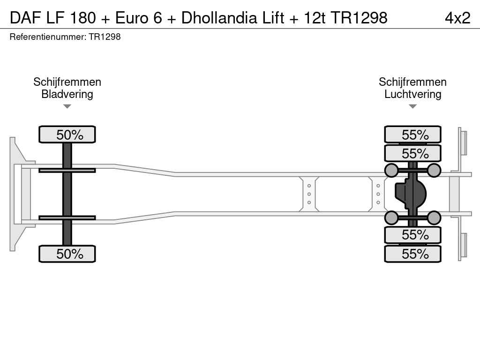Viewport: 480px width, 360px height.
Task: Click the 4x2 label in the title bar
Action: pos(457,18)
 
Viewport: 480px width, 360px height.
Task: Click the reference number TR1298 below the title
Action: pos(105,37)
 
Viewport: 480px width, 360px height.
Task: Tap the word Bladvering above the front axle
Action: pos(67,94)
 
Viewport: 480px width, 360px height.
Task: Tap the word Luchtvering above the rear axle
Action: pos(412,94)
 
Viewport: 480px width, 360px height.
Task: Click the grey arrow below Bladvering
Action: pos(67,106)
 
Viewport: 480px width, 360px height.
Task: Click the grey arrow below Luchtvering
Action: pos(412,106)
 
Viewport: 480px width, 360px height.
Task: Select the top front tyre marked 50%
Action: pos(67,135)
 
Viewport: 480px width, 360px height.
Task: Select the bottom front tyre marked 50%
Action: pos(67,254)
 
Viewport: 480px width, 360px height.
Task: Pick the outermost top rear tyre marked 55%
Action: pos(412,135)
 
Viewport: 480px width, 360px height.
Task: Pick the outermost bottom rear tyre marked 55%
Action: pos(412,254)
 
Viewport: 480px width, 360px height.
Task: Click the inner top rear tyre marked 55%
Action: pos(412,153)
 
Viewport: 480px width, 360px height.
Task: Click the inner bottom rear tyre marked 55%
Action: pos(412,235)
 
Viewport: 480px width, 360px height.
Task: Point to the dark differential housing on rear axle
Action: pos(410,194)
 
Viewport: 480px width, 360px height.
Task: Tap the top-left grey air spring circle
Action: pos(391,170)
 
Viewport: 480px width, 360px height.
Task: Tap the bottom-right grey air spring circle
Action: pos(434,217)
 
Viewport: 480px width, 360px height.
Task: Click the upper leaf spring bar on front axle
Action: pos(67,170)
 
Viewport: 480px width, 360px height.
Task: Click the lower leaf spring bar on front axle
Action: pos(67,217)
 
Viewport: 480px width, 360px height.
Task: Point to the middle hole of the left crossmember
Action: pos(309,194)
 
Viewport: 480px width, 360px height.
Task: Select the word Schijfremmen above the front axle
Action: pos(67,82)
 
